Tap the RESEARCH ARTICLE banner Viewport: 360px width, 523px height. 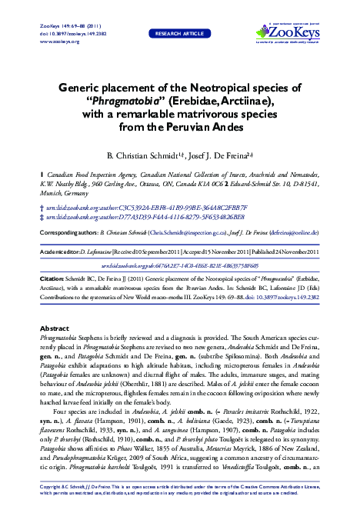pos(179,34)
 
